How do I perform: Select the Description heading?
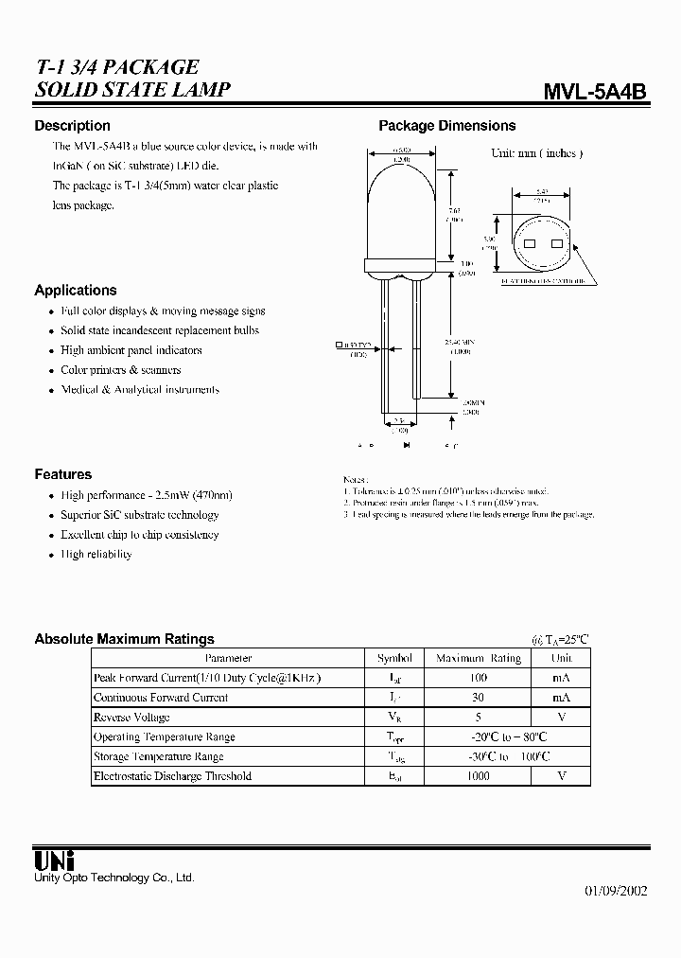72,126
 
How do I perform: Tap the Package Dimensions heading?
446,126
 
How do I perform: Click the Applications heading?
76,291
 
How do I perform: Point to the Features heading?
62,474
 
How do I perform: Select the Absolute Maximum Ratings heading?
124,639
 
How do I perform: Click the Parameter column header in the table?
228,658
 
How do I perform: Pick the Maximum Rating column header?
478,658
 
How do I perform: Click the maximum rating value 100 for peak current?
478,678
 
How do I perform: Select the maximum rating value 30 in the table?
478,698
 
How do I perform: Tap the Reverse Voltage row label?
131,718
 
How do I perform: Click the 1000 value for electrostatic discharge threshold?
478,776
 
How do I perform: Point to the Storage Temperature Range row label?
158,756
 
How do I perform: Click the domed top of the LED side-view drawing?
396,180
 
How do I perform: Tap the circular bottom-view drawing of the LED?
542,243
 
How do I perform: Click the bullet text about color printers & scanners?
120,370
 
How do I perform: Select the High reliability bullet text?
96,555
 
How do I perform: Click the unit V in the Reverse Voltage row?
562,718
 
